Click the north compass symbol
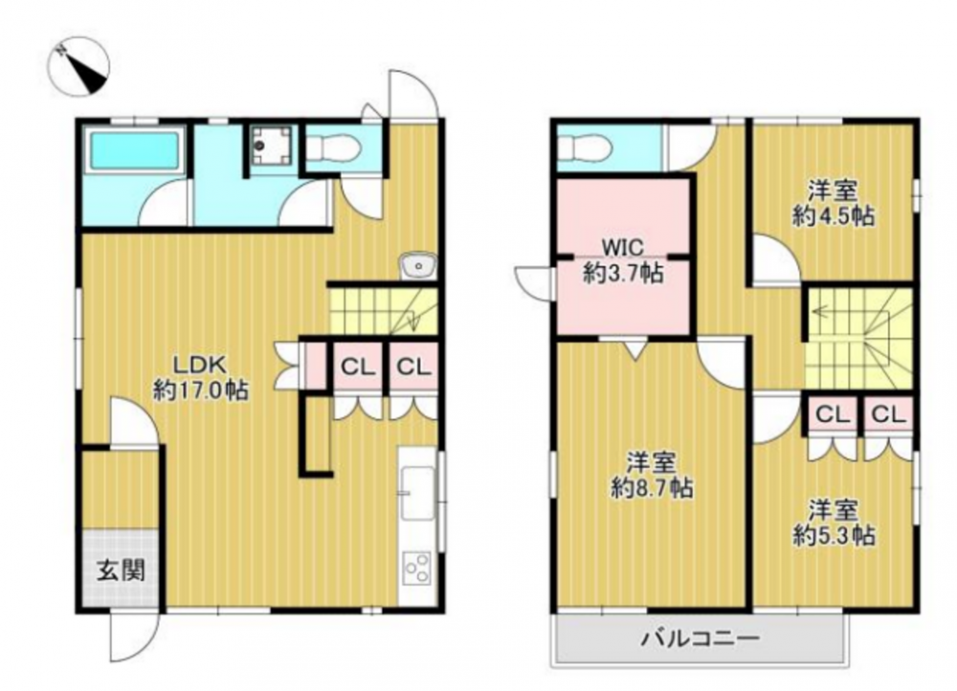(80, 65)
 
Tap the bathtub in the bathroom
(135, 150)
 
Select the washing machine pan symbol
(269, 145)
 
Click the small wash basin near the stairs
(418, 265)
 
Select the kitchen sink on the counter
(417, 493)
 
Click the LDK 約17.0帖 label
(200, 378)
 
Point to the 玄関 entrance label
(121, 570)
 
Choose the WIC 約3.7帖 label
(623, 260)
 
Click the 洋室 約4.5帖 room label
(834, 204)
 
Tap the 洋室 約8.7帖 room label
(651, 476)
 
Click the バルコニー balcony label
(701, 639)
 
